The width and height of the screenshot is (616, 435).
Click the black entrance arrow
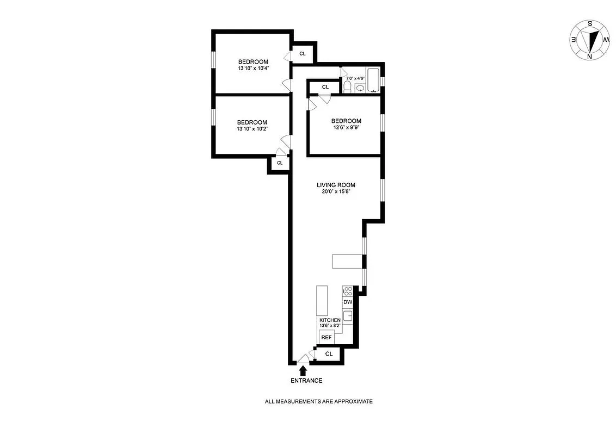click(303, 370)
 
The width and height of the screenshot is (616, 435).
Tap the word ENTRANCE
click(306, 381)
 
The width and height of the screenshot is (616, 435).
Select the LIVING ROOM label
click(336, 185)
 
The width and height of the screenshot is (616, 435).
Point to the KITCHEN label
click(330, 320)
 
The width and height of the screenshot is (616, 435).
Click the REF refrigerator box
click(327, 338)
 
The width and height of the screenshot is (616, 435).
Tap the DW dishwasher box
click(348, 302)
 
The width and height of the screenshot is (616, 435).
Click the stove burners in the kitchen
click(348, 291)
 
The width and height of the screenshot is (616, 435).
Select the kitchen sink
click(348, 316)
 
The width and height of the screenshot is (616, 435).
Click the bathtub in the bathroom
click(373, 79)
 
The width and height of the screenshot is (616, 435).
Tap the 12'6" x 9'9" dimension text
click(346, 128)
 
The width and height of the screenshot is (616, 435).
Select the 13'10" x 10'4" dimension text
click(253, 69)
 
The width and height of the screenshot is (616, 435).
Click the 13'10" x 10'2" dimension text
click(252, 129)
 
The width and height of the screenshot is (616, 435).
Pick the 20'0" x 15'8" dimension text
click(336, 192)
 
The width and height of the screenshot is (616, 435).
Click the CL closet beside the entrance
click(329, 354)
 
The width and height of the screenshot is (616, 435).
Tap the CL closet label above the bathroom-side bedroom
click(325, 87)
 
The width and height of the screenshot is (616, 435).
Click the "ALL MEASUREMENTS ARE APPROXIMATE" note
click(318, 401)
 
